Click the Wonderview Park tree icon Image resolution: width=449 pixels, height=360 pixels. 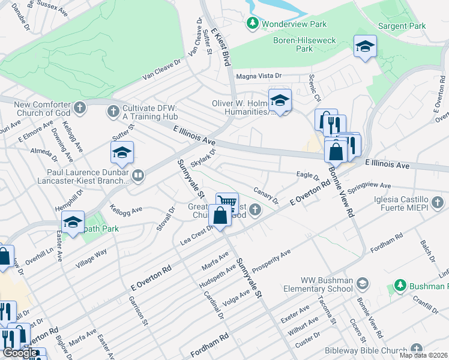pos(253,23)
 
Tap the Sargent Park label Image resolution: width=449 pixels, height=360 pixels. pos(402,26)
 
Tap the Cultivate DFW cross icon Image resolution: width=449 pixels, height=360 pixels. pos(113,110)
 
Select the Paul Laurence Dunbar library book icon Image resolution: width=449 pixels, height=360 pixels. pos(138,175)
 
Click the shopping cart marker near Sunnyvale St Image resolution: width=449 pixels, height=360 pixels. pos(227,202)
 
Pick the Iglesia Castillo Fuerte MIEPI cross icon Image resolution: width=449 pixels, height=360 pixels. pos(439,200)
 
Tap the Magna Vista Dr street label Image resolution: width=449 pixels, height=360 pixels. pos(259,76)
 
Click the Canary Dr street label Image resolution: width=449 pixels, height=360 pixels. pos(267,194)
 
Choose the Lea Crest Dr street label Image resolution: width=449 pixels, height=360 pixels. pos(197,239)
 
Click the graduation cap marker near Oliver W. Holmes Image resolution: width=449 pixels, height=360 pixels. pos(280,101)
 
